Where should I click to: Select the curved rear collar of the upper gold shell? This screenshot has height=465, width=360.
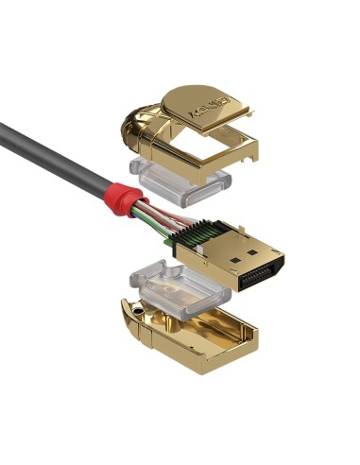pos(136,133)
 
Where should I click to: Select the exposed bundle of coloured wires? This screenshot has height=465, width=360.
pos(151,216)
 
